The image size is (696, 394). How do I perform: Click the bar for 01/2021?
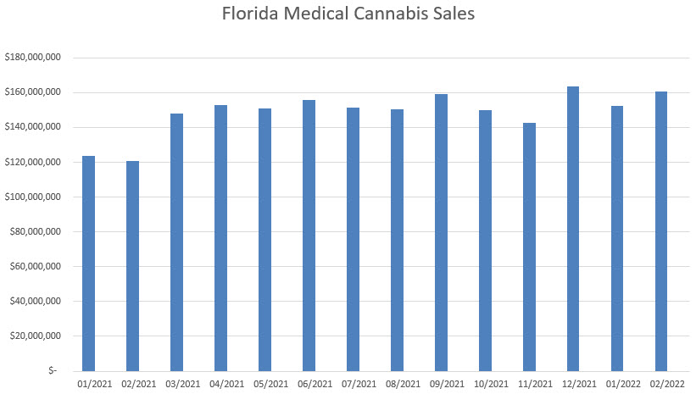tap(88, 264)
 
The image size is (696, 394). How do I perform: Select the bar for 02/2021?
tap(132, 265)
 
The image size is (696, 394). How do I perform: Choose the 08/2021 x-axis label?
tap(397, 384)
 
